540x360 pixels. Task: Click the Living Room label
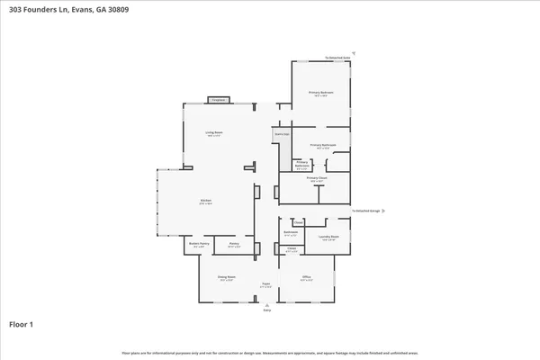coord(213,132)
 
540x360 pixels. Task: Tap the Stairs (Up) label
coord(282,134)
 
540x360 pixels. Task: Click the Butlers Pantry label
coord(198,243)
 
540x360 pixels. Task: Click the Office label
coord(306,277)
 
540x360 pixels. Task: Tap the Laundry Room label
coord(327,238)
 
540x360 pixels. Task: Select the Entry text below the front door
coord(265,310)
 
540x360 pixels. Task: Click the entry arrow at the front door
coord(265,303)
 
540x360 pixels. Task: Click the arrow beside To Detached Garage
coord(383,212)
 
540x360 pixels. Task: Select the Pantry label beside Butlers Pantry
coord(233,243)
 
